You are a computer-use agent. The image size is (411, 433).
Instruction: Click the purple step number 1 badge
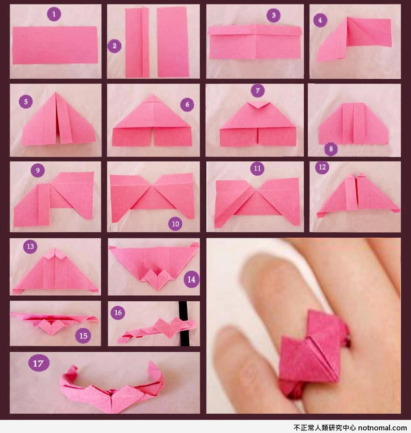click(x=54, y=14)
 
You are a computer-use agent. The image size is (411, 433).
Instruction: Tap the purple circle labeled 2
click(x=114, y=46)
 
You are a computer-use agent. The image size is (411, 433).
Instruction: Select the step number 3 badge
click(x=274, y=15)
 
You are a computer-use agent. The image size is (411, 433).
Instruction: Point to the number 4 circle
click(x=320, y=20)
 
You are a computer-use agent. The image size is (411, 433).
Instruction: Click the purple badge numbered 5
click(x=26, y=101)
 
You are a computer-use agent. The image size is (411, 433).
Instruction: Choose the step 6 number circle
click(x=187, y=105)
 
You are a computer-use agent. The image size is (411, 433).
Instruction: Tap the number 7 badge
click(x=258, y=91)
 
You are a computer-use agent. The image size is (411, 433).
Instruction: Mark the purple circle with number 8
click(x=331, y=149)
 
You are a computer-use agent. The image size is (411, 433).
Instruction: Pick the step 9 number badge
click(x=38, y=170)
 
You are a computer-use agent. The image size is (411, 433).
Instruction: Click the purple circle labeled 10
click(x=176, y=223)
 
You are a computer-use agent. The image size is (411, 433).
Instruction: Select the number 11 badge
click(x=257, y=168)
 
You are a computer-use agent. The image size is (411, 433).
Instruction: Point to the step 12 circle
click(x=322, y=167)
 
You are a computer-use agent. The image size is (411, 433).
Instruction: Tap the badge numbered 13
click(x=30, y=246)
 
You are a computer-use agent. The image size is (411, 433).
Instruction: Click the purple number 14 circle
click(x=192, y=279)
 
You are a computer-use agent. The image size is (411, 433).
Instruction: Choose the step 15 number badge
click(x=83, y=336)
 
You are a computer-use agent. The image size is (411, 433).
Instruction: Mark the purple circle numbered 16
click(x=118, y=313)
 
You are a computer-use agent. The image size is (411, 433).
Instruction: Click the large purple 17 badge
click(x=38, y=363)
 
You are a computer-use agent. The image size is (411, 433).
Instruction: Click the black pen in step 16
click(x=184, y=323)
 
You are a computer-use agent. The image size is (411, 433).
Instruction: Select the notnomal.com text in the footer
click(x=383, y=428)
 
